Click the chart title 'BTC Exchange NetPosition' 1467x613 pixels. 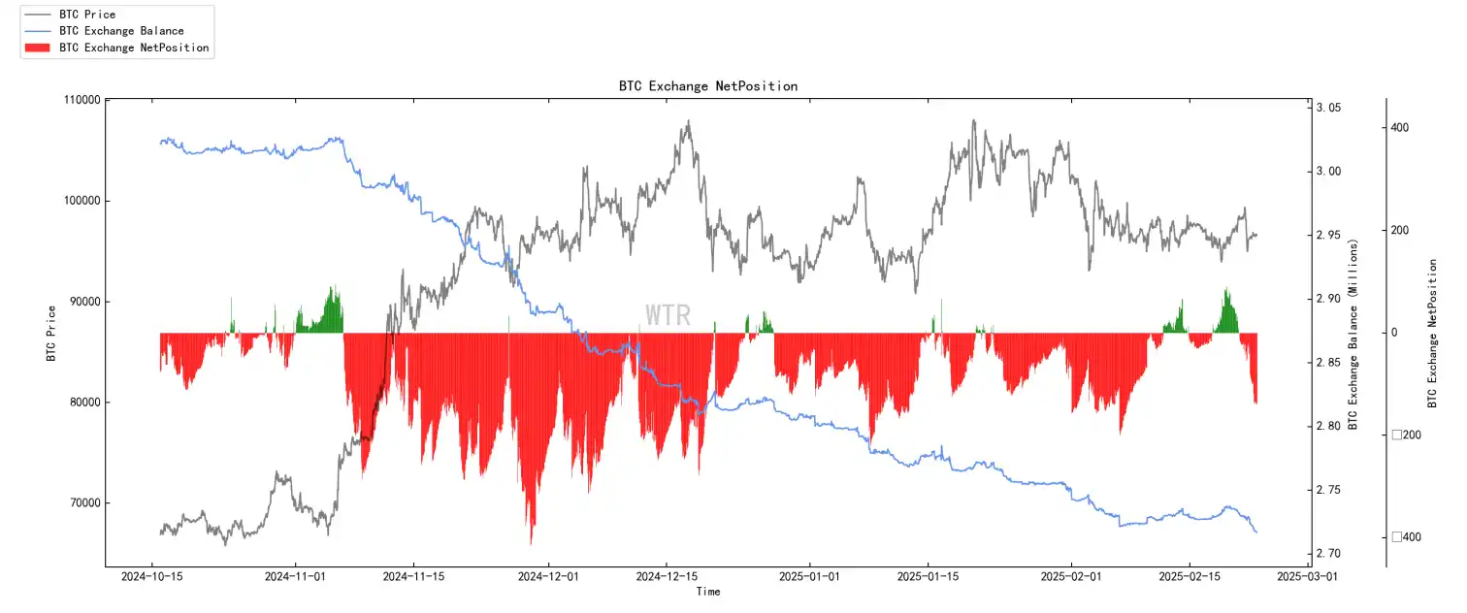708,86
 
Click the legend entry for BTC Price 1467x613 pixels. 87,15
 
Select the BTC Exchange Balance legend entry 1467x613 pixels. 121,31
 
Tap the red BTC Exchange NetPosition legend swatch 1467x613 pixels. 39,48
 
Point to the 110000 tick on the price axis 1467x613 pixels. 81,100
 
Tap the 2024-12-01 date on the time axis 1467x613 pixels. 549,576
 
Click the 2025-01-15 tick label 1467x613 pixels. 929,576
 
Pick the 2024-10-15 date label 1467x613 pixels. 151,576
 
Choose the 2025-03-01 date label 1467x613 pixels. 1307,576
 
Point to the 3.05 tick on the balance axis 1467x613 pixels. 1329,108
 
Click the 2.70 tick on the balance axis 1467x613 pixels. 1329,554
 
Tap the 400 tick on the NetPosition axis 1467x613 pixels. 1400,128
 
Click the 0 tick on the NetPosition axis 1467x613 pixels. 1395,333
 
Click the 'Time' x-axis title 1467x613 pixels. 708,592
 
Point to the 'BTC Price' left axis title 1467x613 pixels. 50,333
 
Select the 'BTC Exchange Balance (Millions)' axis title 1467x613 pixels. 1353,333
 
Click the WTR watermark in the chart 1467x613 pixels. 668,315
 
